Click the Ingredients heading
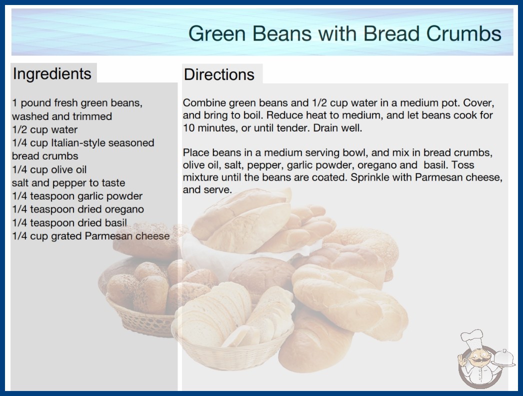[52, 73]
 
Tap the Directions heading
[219, 74]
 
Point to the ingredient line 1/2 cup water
[44, 129]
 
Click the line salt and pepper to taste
[68, 183]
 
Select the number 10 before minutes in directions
[188, 128]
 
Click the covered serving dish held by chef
[503, 358]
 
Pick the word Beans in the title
[282, 33]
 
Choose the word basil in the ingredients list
[115, 222]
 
